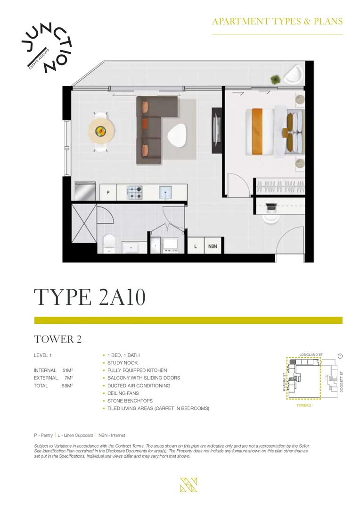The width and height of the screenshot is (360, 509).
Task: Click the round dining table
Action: [x=100, y=131]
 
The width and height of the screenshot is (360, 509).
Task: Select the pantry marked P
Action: [x=108, y=192]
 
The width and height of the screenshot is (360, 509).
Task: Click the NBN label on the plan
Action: [x=213, y=246]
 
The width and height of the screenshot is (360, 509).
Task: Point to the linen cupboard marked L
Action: [x=195, y=246]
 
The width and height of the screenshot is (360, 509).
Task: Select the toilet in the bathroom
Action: [x=108, y=243]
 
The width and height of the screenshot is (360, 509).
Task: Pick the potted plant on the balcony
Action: [x=274, y=79]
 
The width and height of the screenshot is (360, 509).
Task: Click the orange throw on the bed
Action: [x=257, y=130]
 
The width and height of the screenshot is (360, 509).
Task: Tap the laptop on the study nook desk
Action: [x=271, y=206]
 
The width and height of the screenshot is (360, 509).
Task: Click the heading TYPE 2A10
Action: [x=90, y=298]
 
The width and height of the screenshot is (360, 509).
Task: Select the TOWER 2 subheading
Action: [x=54, y=339]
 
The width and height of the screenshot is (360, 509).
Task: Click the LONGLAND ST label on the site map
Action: [x=311, y=354]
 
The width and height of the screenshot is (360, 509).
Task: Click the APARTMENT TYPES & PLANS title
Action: [x=277, y=21]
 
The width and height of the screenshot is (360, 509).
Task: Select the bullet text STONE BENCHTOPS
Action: [x=130, y=401]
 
